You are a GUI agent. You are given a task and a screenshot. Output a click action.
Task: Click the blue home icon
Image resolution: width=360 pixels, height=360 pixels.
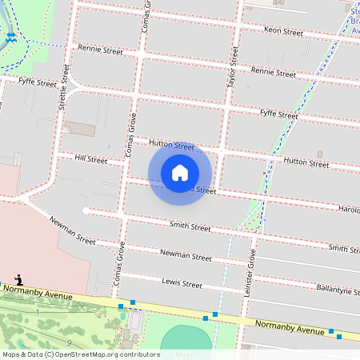click(x=180, y=173)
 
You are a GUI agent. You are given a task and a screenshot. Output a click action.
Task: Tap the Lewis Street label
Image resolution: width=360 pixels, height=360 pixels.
click(x=182, y=283)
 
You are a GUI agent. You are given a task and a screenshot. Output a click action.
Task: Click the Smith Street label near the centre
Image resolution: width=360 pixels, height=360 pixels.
click(x=190, y=227)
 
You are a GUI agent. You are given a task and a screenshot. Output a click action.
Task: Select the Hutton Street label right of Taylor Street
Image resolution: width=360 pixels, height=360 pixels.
click(x=307, y=162)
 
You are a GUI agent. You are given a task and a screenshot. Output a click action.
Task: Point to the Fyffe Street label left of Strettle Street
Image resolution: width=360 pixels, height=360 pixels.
click(x=38, y=81)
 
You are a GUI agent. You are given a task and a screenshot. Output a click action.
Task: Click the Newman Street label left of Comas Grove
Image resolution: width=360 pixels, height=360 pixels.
click(x=72, y=231)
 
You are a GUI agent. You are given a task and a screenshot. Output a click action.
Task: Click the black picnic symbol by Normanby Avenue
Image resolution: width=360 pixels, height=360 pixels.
click(x=18, y=281)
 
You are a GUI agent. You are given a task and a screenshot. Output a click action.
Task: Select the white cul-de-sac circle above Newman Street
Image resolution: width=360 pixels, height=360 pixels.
click(x=85, y=210)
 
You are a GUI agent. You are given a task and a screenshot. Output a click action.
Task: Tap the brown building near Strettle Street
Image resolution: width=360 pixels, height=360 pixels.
click(x=79, y=129)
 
